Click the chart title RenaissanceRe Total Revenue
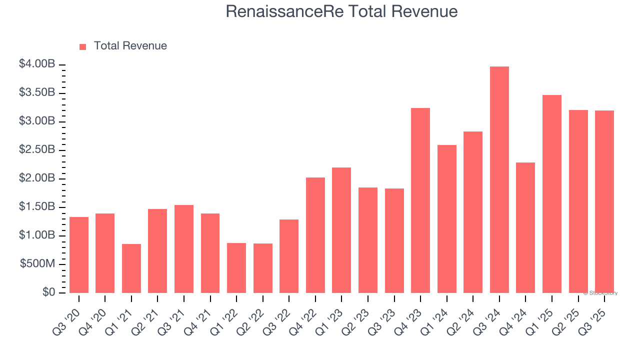click(341, 11)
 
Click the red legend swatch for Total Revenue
click(83, 46)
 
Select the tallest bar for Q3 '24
click(499, 179)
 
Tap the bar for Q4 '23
click(420, 200)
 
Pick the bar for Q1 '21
click(131, 268)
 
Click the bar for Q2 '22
click(263, 268)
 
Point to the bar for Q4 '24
click(525, 227)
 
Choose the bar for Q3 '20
click(79, 254)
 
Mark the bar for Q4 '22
click(315, 235)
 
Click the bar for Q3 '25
click(604, 201)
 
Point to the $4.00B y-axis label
click(37, 64)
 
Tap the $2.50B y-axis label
click(37, 150)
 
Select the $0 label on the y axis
click(49, 292)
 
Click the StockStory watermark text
click(600, 293)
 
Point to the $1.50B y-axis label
click(37, 207)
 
